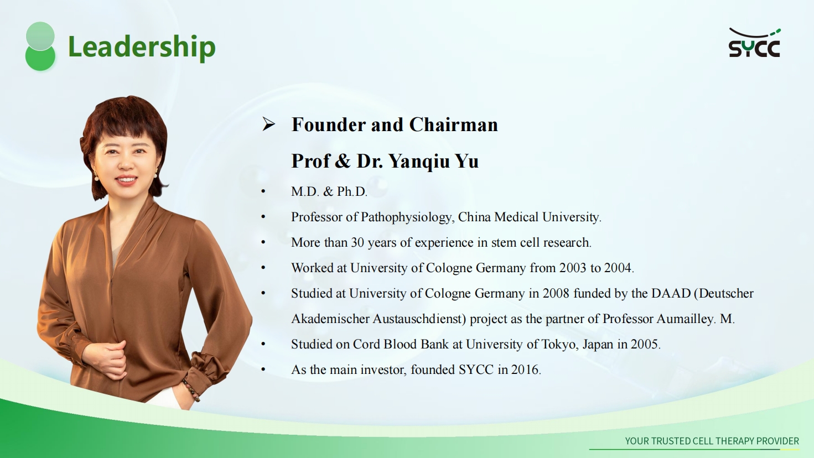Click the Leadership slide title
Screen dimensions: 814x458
pos(142,47)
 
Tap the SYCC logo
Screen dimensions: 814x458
pos(754,43)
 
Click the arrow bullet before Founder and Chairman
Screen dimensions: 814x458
pos(268,124)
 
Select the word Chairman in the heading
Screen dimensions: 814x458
pos(454,124)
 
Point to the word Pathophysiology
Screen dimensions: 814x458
pos(407,217)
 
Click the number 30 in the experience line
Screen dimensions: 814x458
pos(357,242)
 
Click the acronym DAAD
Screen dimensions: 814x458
pos(671,293)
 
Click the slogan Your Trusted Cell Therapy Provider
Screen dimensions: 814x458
pos(712,441)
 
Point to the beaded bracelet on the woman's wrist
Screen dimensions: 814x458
pos(191,390)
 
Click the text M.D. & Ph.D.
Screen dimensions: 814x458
pos(329,191)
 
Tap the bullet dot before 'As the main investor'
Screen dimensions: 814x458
pos(263,369)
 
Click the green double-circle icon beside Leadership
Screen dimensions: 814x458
pos(40,46)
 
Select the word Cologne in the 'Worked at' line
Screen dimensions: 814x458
pos(449,268)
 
